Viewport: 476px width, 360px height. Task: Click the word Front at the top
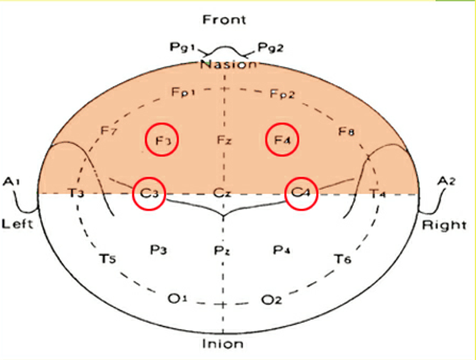click(x=224, y=19)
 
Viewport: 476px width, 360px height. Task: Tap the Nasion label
click(x=228, y=65)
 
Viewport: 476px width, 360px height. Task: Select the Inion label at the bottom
click(x=223, y=344)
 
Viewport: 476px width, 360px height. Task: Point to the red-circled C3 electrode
click(x=149, y=193)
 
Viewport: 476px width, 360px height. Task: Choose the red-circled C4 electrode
click(x=302, y=193)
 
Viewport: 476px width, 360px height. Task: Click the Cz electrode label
click(x=222, y=193)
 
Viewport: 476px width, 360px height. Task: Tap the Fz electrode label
click(x=224, y=140)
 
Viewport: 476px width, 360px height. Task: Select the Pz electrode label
click(x=222, y=251)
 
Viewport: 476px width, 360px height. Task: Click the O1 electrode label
click(x=177, y=299)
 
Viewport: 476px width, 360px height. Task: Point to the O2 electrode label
click(x=272, y=299)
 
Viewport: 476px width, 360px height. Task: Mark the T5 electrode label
click(x=108, y=259)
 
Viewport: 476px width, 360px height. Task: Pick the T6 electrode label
click(x=343, y=258)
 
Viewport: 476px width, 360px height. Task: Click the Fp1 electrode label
click(x=183, y=92)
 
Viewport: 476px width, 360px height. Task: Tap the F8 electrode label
click(x=346, y=132)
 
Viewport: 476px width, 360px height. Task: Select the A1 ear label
click(x=11, y=182)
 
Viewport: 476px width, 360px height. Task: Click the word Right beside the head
click(x=445, y=225)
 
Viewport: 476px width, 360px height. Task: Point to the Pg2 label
click(x=270, y=48)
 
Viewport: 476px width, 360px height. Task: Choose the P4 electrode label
click(x=282, y=250)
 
